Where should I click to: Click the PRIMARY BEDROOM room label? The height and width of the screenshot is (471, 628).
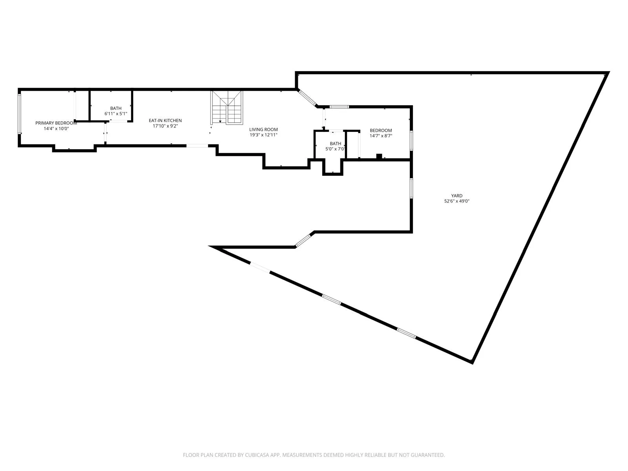tap(56, 123)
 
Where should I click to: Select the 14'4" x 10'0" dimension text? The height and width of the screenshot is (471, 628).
tap(56, 128)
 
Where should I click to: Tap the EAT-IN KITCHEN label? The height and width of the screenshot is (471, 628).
tap(165, 120)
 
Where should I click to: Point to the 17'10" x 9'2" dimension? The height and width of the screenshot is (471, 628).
tap(165, 126)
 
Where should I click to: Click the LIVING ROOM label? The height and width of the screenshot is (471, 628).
tap(263, 130)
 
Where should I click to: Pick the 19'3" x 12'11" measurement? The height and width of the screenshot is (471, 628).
tap(263, 135)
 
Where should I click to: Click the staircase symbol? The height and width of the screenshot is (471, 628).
tap(227, 107)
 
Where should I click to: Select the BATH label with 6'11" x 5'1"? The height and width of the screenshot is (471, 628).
tap(116, 108)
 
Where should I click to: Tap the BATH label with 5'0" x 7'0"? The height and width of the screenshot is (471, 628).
tap(335, 144)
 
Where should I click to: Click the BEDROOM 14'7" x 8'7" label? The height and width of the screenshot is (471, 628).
tap(381, 131)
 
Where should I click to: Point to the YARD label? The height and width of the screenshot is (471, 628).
tap(456, 195)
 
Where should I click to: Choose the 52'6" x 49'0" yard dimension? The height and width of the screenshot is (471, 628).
tap(456, 201)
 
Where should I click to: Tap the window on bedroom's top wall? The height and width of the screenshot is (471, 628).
tap(339, 106)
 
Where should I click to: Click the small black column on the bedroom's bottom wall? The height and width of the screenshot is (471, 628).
tap(379, 156)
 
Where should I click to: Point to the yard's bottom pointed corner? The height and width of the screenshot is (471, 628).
tap(472, 361)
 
